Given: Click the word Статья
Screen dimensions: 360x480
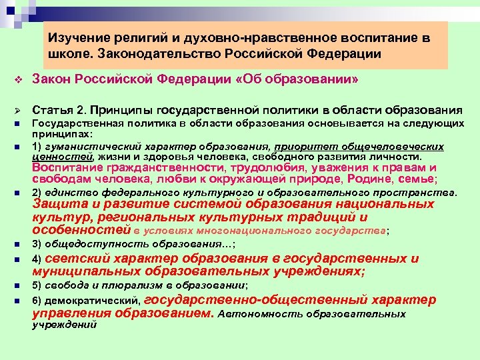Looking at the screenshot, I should pyautogui.click(x=53, y=109).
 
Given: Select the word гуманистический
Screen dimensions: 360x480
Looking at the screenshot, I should pyautogui.click(x=85, y=147).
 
